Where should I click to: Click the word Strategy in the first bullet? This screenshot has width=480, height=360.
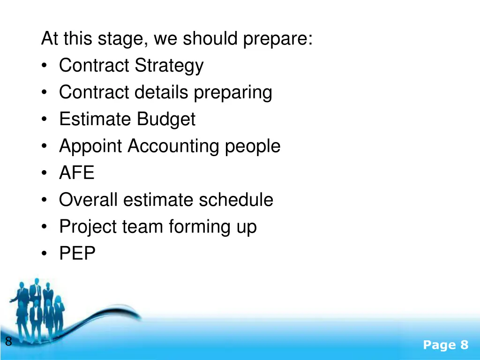click(169, 66)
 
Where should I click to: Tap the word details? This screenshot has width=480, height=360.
click(162, 92)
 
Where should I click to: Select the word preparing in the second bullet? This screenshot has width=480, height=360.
click(233, 93)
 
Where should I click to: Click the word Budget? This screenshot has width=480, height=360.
click(166, 119)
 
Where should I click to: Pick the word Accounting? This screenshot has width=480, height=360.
click(173, 146)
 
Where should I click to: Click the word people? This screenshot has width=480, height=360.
click(253, 146)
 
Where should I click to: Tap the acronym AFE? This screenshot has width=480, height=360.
click(76, 173)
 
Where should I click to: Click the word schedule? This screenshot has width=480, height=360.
click(236, 200)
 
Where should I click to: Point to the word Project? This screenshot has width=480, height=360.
click(88, 227)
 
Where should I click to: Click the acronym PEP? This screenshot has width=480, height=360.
click(77, 254)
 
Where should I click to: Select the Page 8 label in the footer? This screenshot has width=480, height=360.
click(445, 345)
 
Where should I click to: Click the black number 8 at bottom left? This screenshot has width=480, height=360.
click(8, 342)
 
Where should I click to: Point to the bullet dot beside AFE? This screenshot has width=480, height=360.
click(44, 174)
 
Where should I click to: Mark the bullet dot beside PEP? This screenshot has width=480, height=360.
click(44, 255)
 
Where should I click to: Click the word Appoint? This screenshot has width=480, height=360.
click(92, 146)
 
